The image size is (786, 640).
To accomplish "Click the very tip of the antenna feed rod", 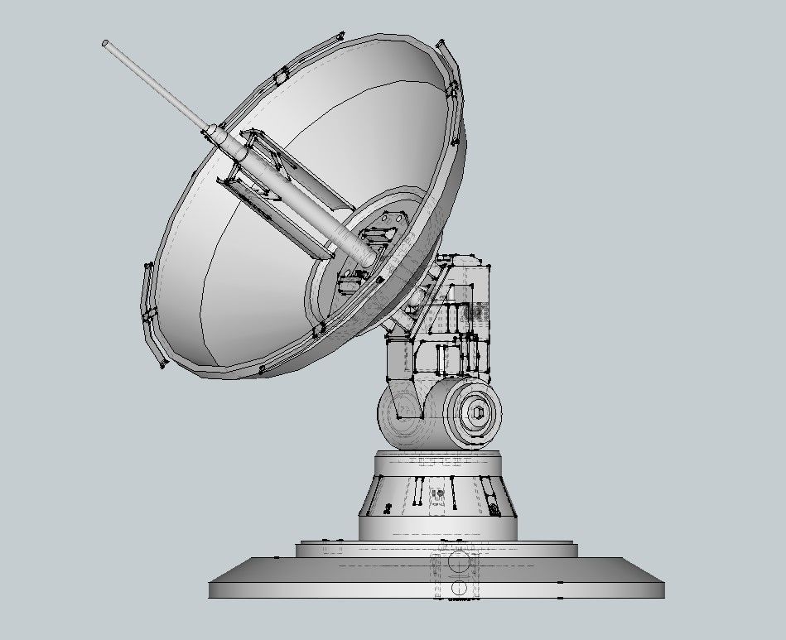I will (x=106, y=43).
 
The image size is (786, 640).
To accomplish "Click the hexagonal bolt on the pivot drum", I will (x=477, y=412).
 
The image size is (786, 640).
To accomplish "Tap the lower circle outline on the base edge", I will (x=457, y=589).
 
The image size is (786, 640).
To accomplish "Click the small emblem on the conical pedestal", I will (x=439, y=497).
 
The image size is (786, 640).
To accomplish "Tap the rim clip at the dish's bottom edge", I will (x=263, y=369).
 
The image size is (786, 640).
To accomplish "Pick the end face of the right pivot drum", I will (x=475, y=412).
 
